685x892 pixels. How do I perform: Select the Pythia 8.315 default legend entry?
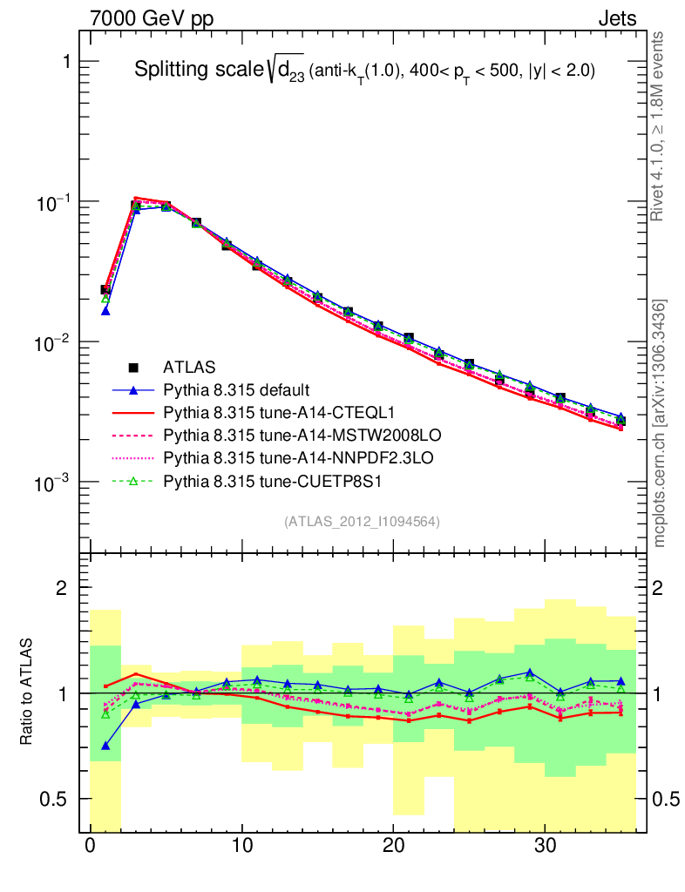[x=236, y=389]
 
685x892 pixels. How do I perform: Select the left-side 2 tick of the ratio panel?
[x=62, y=588]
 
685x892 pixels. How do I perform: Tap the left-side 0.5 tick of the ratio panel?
[x=54, y=799]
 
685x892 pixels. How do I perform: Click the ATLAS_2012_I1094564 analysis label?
[x=361, y=522]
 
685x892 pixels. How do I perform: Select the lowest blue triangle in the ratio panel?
[x=105, y=746]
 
